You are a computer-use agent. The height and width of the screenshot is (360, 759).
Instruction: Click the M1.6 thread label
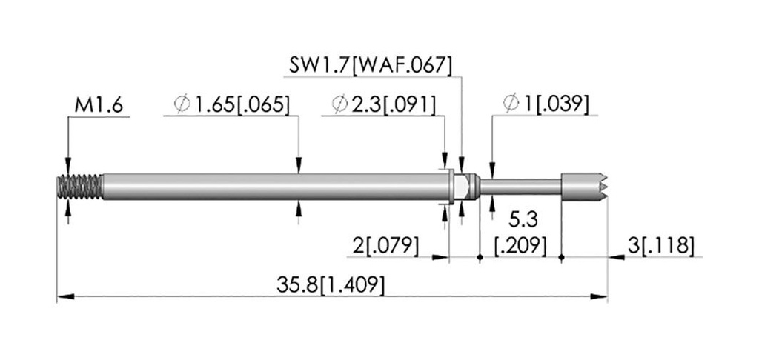coord(99,105)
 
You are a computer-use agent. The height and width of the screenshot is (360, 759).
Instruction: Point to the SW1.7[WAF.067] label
coord(371,65)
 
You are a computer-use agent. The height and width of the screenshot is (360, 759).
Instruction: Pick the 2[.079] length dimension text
coord(385,246)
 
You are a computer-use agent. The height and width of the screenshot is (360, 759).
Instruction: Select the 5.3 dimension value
coord(523,221)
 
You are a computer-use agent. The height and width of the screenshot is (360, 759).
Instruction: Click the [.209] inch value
coord(521,246)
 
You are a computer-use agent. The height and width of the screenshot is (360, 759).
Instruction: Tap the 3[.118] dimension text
coord(660,246)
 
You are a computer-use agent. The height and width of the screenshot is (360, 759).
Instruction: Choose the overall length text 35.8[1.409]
coord(331,285)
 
